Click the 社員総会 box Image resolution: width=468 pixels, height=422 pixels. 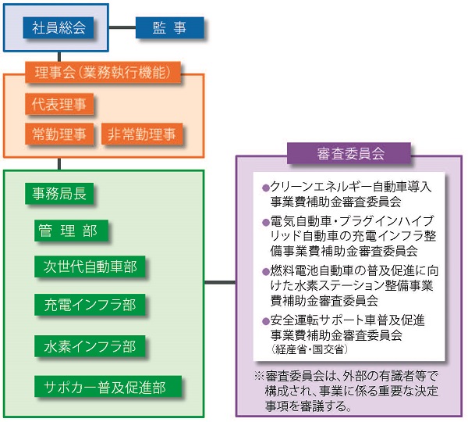click(58, 27)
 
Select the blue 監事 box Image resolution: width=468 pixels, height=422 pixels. click(169, 27)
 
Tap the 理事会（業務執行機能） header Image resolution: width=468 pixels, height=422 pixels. click(103, 72)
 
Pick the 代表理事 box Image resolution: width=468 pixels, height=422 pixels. click(59, 104)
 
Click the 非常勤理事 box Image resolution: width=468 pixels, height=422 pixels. click(142, 134)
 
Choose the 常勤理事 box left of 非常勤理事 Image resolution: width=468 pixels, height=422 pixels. click(59, 134)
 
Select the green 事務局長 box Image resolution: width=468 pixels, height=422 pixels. click(59, 194)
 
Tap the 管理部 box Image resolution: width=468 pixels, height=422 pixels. click(71, 231)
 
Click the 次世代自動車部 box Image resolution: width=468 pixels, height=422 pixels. click(90, 266)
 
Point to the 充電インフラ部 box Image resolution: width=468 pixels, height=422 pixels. click(90, 305)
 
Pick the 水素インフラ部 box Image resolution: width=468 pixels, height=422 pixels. click(90, 346)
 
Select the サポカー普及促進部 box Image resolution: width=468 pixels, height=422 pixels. click(108, 387)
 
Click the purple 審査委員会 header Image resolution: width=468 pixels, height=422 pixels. click(349, 153)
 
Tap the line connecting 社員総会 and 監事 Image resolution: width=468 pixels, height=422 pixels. click(122, 27)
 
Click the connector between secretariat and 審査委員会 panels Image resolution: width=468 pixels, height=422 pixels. click(220, 282)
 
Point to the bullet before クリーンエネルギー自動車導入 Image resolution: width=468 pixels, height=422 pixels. click(265, 188)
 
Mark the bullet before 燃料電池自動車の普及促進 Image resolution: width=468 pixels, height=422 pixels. click(265, 272)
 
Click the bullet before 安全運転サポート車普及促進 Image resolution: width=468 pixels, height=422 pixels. click(265, 321)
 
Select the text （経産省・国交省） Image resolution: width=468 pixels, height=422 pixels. click(309, 349)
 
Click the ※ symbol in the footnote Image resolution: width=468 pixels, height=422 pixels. click(259, 376)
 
